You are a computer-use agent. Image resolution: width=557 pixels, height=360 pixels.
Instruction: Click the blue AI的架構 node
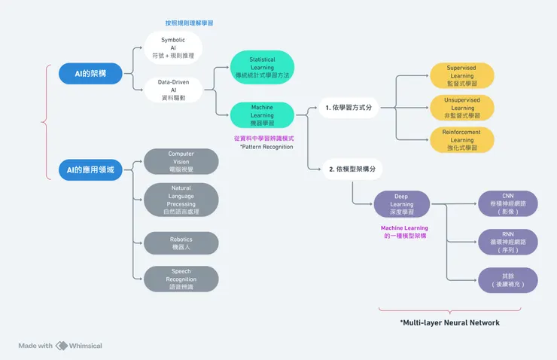pyautogui.click(x=90, y=74)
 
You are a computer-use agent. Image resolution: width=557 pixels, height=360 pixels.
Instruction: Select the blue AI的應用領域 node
pyautogui.click(x=90, y=170)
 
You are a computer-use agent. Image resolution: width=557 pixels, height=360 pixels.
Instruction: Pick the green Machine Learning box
pyautogui.click(x=261, y=114)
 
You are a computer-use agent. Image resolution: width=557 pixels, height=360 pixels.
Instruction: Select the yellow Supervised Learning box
pyautogui.click(x=461, y=76)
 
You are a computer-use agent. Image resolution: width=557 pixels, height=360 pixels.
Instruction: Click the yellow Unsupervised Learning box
pyautogui.click(x=461, y=108)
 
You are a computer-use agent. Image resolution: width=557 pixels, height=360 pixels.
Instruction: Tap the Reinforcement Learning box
pyautogui.click(x=461, y=140)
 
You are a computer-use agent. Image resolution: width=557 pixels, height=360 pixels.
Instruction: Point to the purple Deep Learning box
pyautogui.click(x=402, y=204)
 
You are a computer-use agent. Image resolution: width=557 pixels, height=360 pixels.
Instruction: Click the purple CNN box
pyautogui.click(x=508, y=204)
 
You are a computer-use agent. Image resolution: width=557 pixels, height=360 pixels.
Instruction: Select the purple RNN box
pyautogui.click(x=508, y=242)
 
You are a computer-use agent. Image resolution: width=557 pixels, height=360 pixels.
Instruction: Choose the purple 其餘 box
pyautogui.click(x=508, y=280)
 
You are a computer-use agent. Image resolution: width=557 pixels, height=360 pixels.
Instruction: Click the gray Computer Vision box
pyautogui.click(x=181, y=162)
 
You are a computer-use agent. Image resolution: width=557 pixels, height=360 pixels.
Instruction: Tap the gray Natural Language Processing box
pyautogui.click(x=181, y=200)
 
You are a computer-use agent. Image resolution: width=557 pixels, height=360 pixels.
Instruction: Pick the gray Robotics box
pyautogui.click(x=181, y=243)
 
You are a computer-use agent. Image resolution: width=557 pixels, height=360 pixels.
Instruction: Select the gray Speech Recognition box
pyautogui.click(x=181, y=279)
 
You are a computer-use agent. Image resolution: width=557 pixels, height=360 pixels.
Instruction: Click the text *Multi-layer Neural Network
pyautogui.click(x=449, y=322)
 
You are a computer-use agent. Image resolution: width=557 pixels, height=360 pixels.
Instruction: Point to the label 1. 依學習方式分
pyautogui.click(x=348, y=108)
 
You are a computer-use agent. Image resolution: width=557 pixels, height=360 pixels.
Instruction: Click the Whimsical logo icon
pyautogui.click(x=62, y=346)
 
